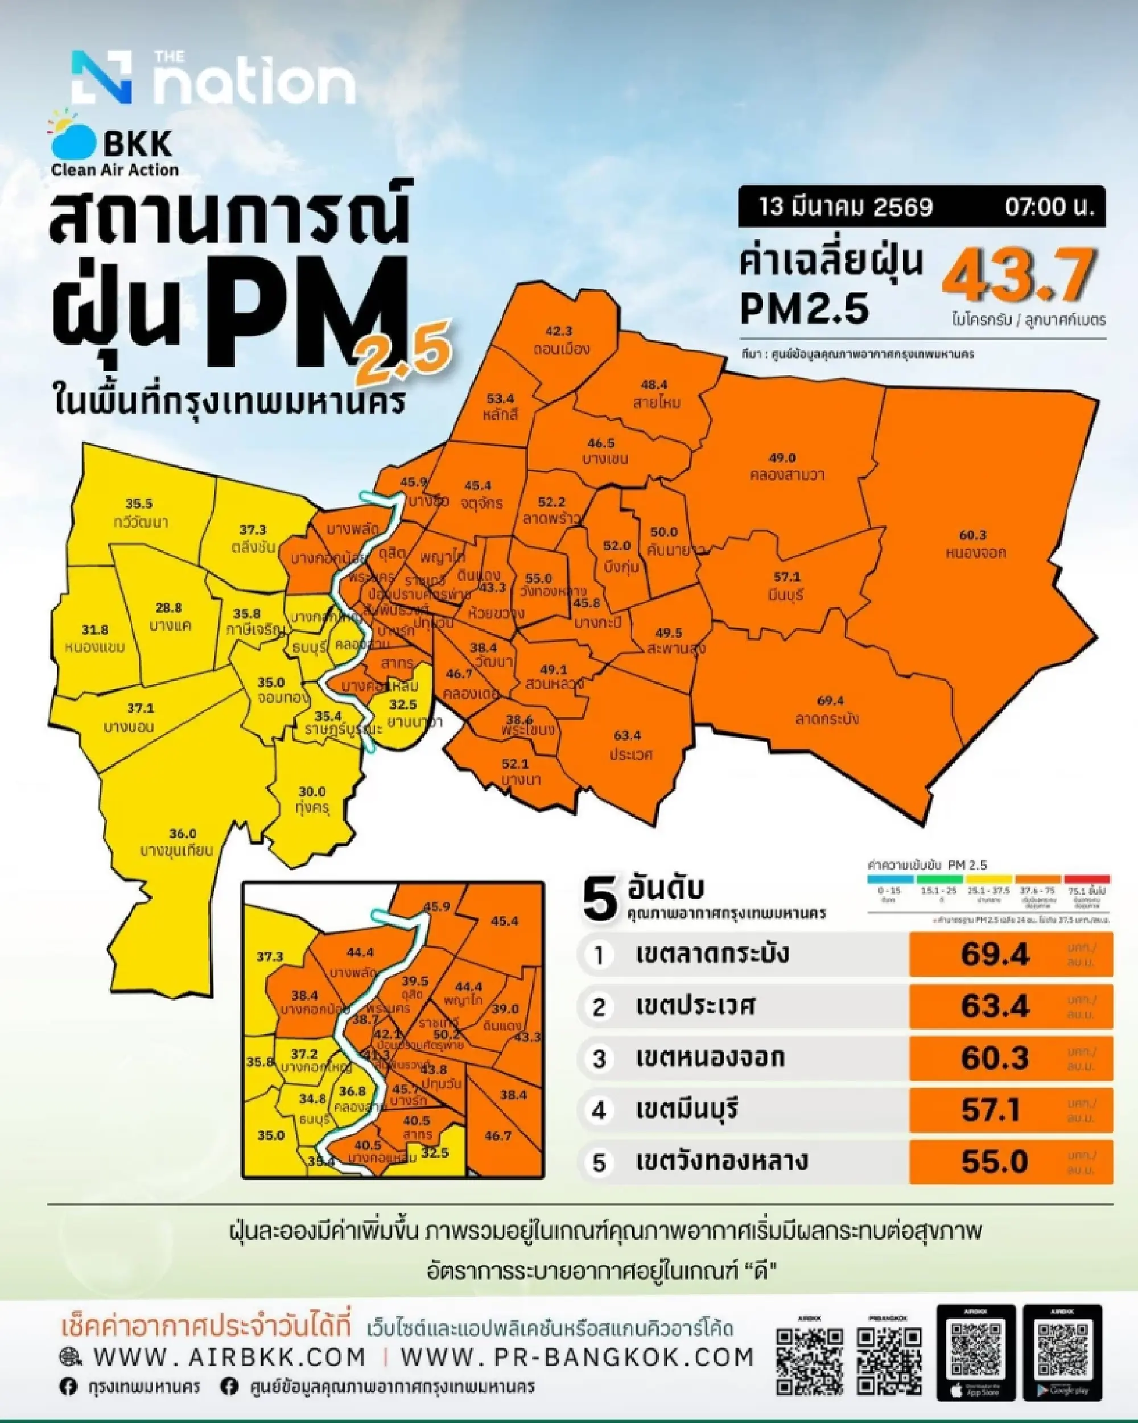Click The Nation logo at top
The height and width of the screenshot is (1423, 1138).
point(213,79)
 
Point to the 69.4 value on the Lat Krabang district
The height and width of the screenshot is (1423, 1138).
point(830,701)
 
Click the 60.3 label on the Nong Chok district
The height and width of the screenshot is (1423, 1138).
point(972,535)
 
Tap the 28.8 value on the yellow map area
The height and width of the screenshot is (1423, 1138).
point(168,608)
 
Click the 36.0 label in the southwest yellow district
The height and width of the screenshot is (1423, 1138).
point(182,834)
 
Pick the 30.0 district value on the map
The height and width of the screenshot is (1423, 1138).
point(312,791)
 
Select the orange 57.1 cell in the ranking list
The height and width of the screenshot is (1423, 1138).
point(1010,1109)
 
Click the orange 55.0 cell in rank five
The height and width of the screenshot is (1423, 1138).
point(1010,1162)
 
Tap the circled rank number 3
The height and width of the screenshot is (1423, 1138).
point(599,1059)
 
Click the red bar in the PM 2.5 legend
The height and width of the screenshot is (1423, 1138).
point(1087,879)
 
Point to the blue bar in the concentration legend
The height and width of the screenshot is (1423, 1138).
point(890,879)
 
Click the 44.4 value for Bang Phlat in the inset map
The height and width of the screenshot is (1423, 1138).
point(360,952)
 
